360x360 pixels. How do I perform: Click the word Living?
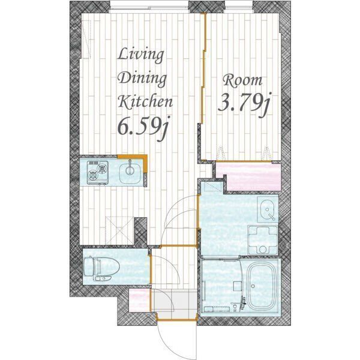141,55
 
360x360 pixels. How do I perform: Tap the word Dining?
142,79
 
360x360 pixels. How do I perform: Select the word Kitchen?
145,102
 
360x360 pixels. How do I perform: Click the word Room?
242,81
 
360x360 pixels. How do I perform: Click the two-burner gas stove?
98,172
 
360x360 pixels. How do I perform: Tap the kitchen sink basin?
130,172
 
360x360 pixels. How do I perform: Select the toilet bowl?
101,268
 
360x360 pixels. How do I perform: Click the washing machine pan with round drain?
263,240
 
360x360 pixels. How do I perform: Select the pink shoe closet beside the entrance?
139,299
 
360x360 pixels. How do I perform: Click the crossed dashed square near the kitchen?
119,230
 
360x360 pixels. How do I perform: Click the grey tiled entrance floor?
174,304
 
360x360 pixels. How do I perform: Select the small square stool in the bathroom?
237,286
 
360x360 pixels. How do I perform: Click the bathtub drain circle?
253,286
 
